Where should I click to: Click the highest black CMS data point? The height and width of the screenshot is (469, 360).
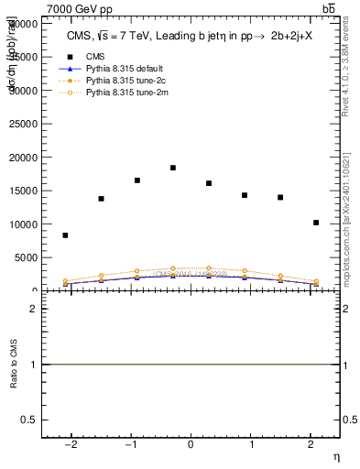click(x=173, y=168)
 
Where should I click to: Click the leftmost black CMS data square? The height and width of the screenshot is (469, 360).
click(x=65, y=235)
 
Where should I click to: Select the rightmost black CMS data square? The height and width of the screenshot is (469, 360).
click(x=316, y=223)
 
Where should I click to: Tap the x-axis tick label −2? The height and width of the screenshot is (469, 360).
click(x=71, y=445)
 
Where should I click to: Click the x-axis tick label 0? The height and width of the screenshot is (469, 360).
click(x=191, y=445)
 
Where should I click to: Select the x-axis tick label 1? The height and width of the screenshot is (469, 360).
click(x=250, y=445)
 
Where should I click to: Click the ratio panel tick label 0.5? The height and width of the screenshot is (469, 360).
click(x=29, y=420)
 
